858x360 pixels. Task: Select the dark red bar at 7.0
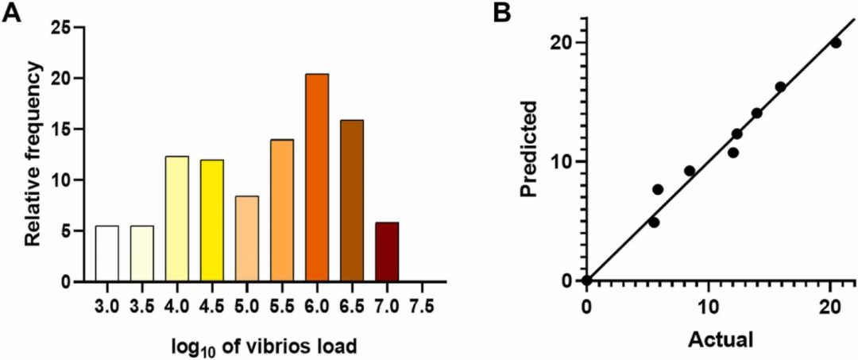click(386, 252)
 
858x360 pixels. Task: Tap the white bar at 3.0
click(106, 254)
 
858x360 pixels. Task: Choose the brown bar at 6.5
click(351, 201)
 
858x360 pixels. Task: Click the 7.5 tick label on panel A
click(421, 305)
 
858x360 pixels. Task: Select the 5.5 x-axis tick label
click(281, 305)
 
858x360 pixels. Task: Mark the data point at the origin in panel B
click(586, 281)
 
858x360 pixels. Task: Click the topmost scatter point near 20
click(835, 43)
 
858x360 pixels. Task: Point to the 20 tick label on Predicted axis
click(562, 42)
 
